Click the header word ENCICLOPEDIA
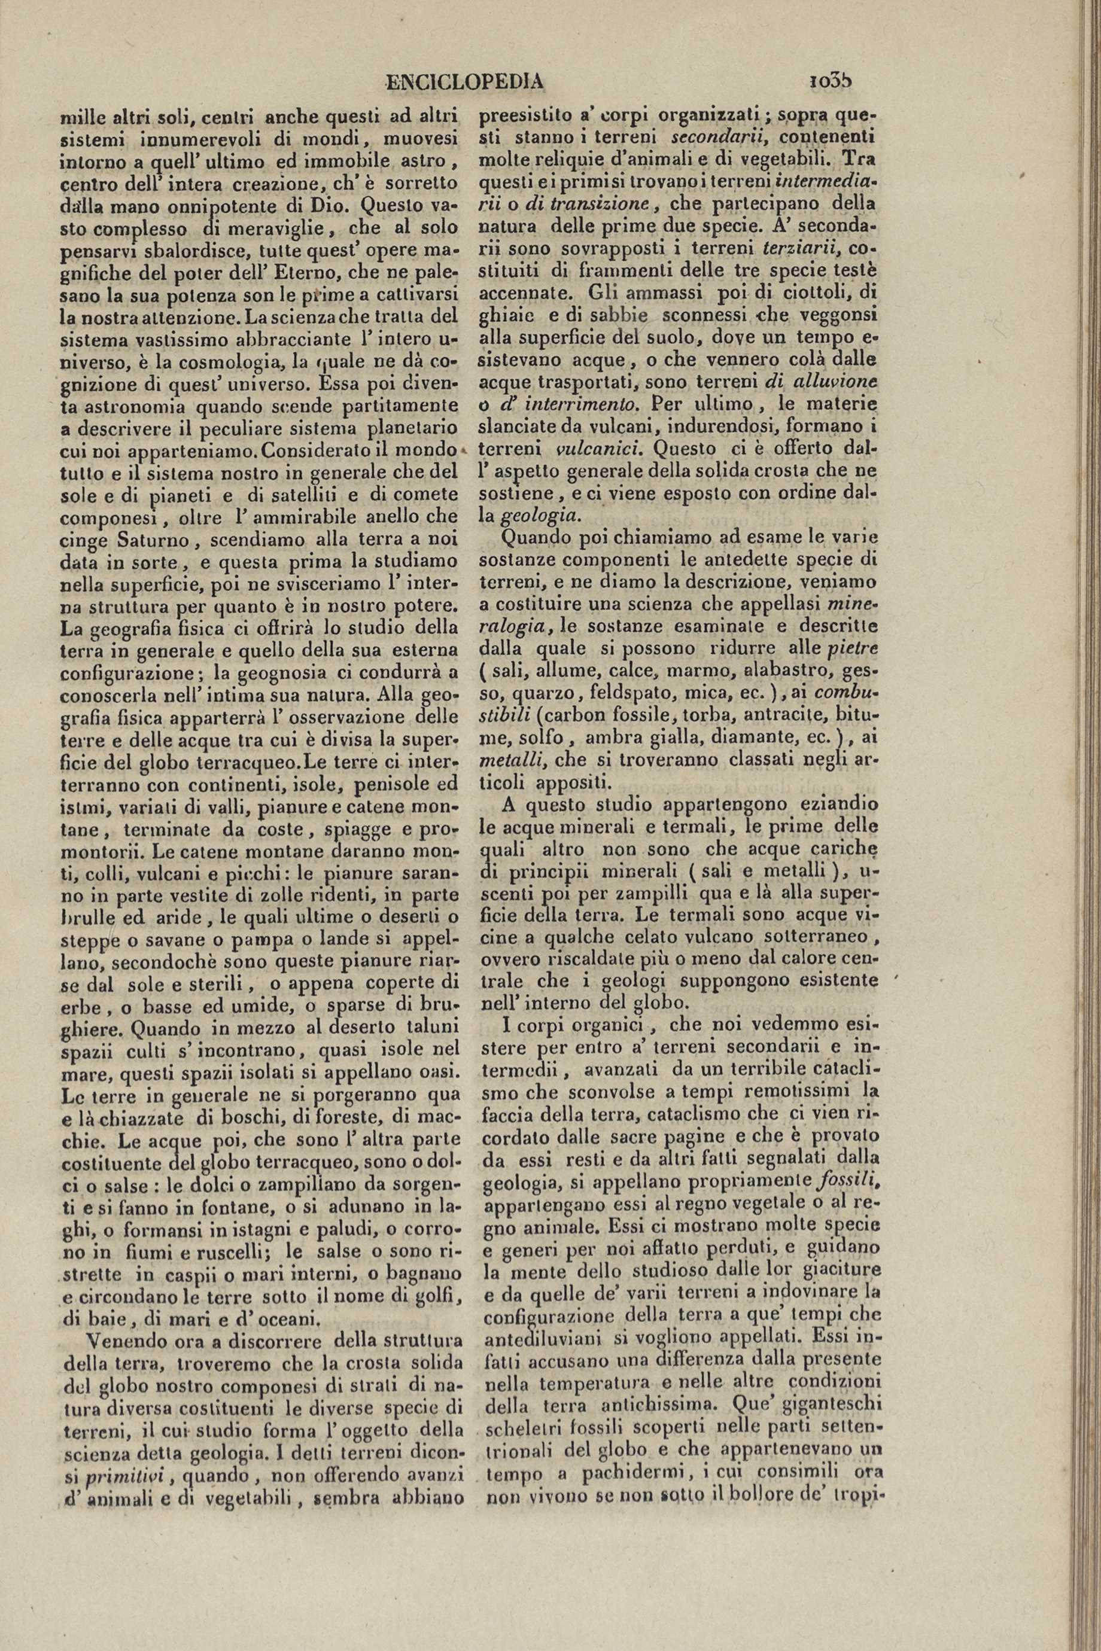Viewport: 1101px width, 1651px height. (465, 83)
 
